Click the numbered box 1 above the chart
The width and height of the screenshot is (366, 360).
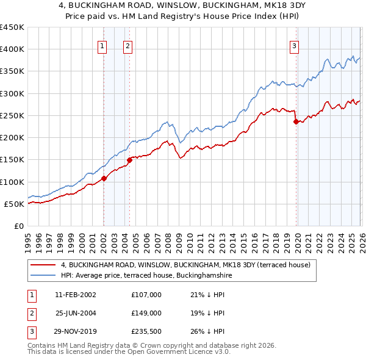[102, 45]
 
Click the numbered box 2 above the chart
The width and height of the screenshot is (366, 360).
[127, 45]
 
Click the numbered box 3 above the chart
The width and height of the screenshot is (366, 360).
[295, 45]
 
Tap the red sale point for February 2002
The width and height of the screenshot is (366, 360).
[104, 179]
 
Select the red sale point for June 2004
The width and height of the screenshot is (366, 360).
[129, 160]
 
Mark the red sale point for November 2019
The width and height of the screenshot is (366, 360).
[296, 121]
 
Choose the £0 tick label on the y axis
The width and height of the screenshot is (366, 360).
[18, 226]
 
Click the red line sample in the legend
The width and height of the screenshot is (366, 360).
[43, 265]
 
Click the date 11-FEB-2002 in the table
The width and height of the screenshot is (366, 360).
[75, 295]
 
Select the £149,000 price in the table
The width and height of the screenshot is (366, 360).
[146, 313]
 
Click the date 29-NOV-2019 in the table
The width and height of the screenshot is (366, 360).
[75, 331]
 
